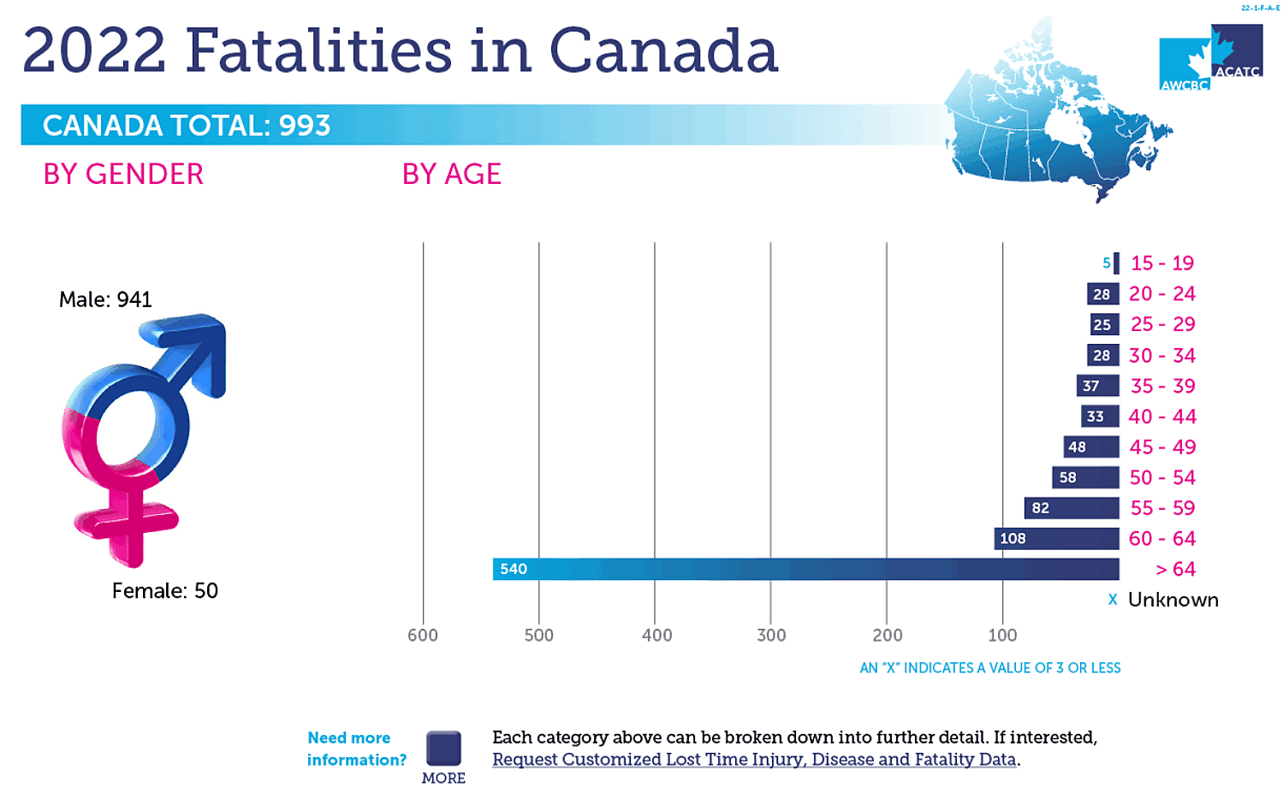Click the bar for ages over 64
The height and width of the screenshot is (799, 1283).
click(805, 569)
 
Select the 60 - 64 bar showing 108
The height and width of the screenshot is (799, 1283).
click(1056, 538)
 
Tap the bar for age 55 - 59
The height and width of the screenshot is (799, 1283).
click(1072, 508)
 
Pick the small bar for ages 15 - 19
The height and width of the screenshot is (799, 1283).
click(1116, 263)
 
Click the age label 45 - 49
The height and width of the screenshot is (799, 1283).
click(1161, 447)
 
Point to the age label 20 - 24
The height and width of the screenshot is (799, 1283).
click(1161, 293)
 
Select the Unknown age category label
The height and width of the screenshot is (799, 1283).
click(1173, 600)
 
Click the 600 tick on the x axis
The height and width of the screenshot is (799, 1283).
click(423, 635)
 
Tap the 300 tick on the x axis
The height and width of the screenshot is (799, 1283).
click(771, 635)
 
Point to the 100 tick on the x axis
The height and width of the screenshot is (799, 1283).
click(1002, 635)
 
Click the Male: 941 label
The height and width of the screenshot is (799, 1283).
click(105, 299)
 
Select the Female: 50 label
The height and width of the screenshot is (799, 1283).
click(164, 590)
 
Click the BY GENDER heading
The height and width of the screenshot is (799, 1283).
click(123, 175)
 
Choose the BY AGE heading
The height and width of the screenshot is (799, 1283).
click(451, 175)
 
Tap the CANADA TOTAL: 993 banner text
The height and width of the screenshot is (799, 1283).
click(187, 126)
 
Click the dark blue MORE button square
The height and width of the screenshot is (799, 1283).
click(443, 749)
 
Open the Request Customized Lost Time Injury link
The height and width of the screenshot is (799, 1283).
click(753, 760)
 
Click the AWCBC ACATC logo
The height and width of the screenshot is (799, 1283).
click(1210, 58)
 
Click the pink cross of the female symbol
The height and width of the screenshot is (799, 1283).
click(127, 522)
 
